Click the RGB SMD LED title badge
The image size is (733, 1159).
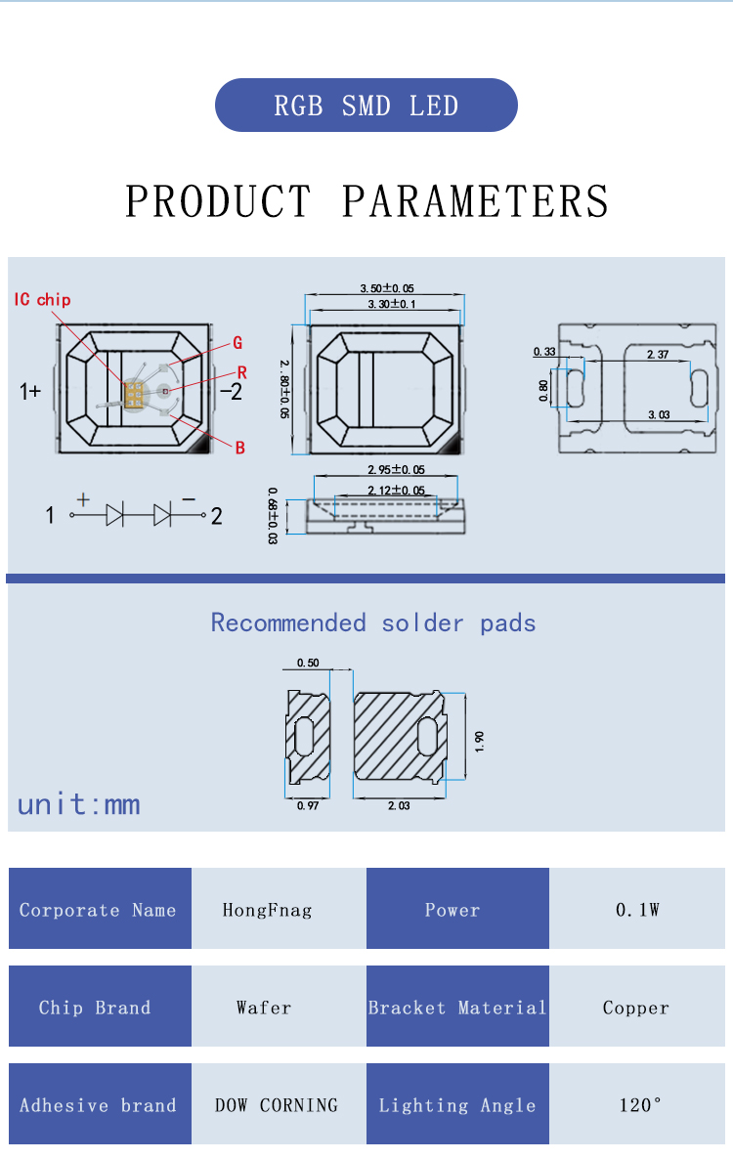366,106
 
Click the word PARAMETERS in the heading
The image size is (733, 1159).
475,201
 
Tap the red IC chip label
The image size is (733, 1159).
42,299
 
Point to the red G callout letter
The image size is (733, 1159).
237,343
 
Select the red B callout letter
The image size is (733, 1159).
239,449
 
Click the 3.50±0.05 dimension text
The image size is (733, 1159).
386,288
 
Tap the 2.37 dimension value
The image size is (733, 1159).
657,355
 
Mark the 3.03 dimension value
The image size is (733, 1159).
658,414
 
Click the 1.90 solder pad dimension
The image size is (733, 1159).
478,740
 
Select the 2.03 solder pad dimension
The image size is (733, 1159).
398,807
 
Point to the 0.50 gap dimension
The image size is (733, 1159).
307,664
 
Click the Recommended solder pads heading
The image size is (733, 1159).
373,622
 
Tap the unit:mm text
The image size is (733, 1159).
79,804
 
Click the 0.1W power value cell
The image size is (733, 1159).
637,909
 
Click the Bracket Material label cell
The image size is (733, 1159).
457,1008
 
